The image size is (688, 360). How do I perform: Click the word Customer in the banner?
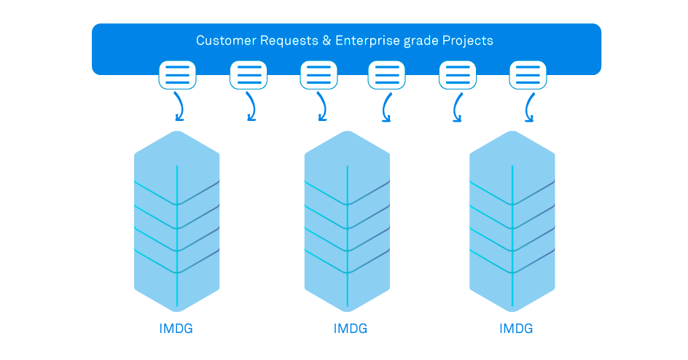pyautogui.click(x=222, y=41)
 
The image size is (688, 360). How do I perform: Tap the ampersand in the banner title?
pyautogui.click(x=326, y=41)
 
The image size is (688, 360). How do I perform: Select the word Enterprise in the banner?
pyautogui.click(x=367, y=41)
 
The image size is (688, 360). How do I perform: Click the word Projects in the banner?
pyautogui.click(x=468, y=41)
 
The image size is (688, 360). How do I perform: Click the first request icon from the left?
pyautogui.click(x=177, y=75)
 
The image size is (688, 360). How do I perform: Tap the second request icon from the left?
pyautogui.click(x=249, y=75)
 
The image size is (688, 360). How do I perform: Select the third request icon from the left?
pyautogui.click(x=318, y=75)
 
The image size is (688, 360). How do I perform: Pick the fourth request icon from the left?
pyautogui.click(x=386, y=75)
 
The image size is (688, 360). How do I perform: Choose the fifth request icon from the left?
pyautogui.click(x=457, y=75)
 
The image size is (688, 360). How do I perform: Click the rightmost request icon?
pyautogui.click(x=528, y=75)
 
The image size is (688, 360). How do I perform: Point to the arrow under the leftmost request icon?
pyautogui.click(x=179, y=108)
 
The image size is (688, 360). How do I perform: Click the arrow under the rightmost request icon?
pyautogui.click(x=529, y=108)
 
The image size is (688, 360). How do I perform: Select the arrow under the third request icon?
pyautogui.click(x=320, y=108)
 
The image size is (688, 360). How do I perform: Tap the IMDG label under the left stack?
pyautogui.click(x=176, y=329)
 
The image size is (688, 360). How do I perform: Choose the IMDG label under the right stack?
pyautogui.click(x=516, y=329)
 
